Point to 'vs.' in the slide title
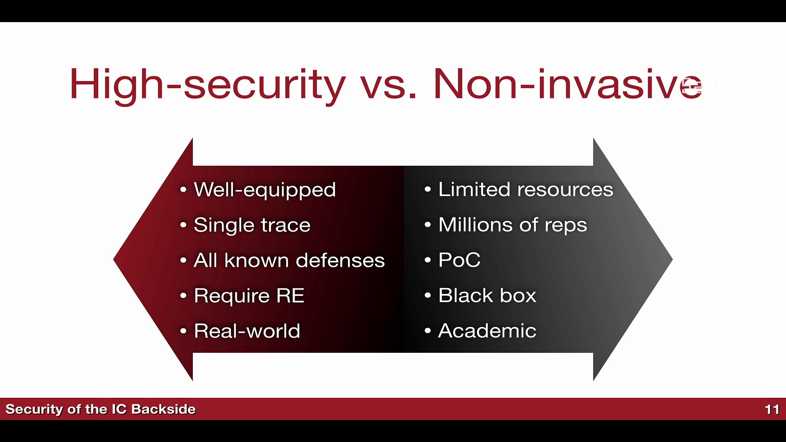tap(388, 87)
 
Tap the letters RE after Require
tap(290, 295)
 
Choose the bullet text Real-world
tap(247, 331)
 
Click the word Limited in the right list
tap(474, 189)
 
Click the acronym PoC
tap(459, 260)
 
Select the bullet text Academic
tap(487, 331)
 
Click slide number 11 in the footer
tap(772, 409)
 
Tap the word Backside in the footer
tap(163, 409)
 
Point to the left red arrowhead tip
tap(114, 259)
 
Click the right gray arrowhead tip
tap(672, 259)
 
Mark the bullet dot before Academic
tap(428, 331)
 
